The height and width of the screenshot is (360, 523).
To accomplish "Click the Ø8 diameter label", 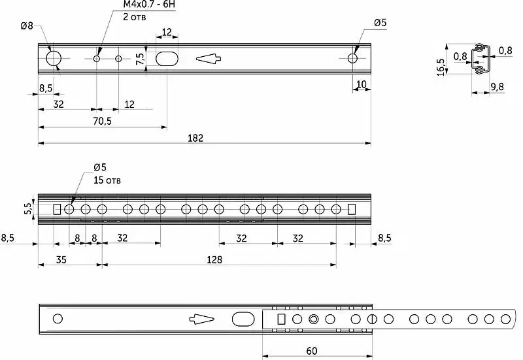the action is pos(27,25).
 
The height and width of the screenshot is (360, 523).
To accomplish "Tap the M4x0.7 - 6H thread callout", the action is pos(149,5).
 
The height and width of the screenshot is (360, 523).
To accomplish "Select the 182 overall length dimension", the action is pos(195,138).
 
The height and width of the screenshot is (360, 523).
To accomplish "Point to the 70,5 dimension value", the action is pos(103,122).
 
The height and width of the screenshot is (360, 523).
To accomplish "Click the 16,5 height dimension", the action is pos(441,67).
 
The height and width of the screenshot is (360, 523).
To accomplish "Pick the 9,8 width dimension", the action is pos(497,87).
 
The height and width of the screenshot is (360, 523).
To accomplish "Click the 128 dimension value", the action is pos(214,259).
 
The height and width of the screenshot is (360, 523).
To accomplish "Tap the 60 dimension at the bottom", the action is pos(312,351).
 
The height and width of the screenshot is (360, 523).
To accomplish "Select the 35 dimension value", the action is pos(61,259).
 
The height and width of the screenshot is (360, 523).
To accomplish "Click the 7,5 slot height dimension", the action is pos(141,59).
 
